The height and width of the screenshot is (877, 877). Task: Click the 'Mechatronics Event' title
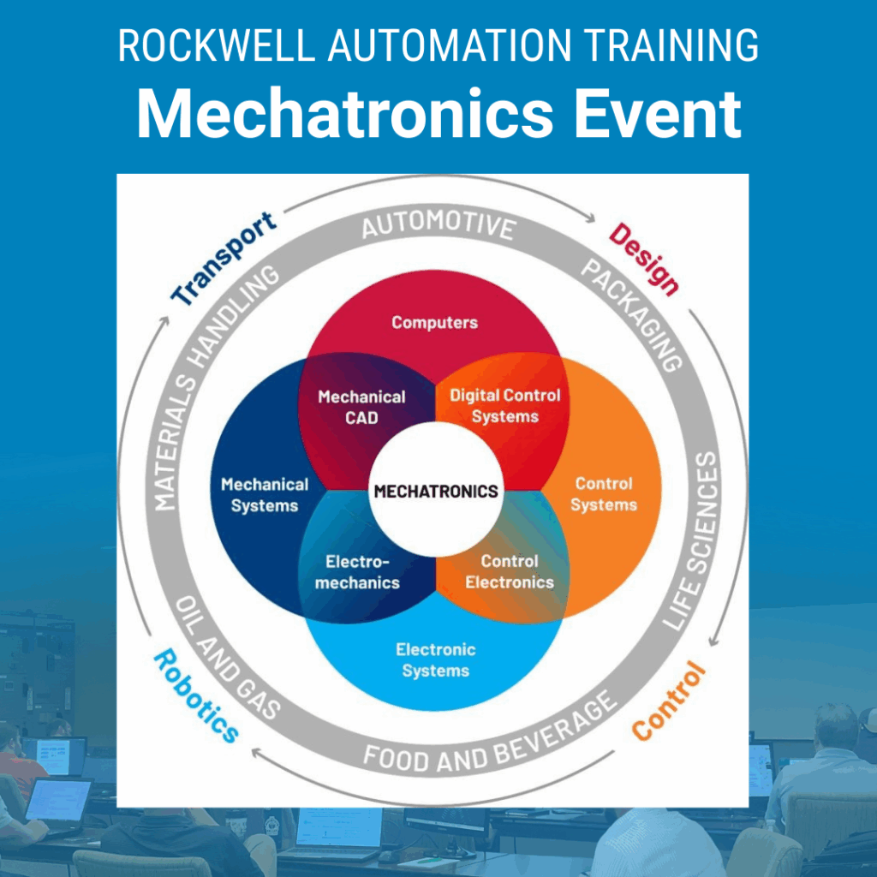tap(438, 113)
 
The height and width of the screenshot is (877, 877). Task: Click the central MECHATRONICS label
tap(436, 491)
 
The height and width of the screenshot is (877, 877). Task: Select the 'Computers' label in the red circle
tap(434, 322)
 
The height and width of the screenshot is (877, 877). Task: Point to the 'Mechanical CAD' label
tap(361, 407)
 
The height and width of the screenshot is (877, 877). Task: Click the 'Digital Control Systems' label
tap(505, 405)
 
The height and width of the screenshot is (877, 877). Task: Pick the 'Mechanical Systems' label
tap(265, 494)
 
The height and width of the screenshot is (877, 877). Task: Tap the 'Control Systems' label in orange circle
tap(604, 494)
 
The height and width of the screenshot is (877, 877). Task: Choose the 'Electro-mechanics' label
tap(357, 571)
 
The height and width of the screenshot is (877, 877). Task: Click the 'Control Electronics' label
tap(510, 571)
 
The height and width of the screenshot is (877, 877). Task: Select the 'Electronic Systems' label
tap(436, 660)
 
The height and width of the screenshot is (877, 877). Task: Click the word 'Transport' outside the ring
tap(224, 259)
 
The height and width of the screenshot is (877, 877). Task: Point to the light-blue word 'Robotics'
tap(196, 695)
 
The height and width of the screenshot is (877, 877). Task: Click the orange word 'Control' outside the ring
tap(669, 701)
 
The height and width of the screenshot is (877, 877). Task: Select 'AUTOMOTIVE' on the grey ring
tap(438, 225)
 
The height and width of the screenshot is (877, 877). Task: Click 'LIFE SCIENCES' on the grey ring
tap(692, 540)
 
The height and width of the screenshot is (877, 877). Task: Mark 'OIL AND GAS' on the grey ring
tap(227, 658)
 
